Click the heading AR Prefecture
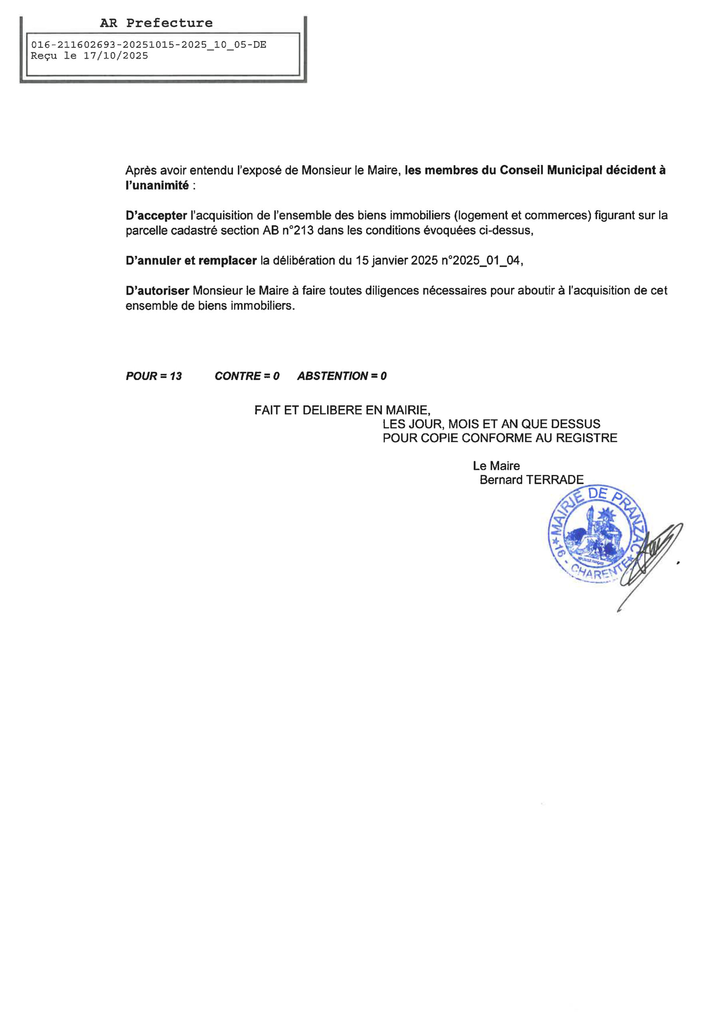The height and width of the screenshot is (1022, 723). (x=156, y=23)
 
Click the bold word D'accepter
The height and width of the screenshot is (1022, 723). (x=156, y=216)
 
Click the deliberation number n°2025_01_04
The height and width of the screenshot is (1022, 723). (x=481, y=261)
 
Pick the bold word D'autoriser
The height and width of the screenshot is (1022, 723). (x=157, y=291)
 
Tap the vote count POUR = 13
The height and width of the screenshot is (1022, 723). (x=154, y=376)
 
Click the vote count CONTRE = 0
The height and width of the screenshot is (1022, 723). (x=247, y=376)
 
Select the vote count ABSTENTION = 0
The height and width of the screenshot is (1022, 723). (x=342, y=376)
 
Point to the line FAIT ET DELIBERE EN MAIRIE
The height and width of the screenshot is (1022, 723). (x=342, y=410)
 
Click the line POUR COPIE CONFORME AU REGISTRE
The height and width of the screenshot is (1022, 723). (x=500, y=438)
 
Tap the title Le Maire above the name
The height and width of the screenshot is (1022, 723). (x=496, y=466)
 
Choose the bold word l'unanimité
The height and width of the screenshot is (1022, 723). (x=157, y=186)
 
